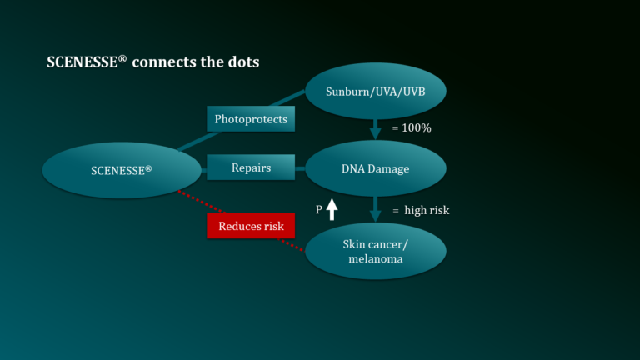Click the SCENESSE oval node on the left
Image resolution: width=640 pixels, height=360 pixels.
tap(122, 170)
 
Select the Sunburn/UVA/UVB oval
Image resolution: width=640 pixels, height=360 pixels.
tap(376, 91)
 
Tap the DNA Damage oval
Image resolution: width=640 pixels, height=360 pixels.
tap(376, 168)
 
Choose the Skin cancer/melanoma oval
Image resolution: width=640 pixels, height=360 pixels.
tap(376, 251)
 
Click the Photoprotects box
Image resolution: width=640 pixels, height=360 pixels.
tap(251, 119)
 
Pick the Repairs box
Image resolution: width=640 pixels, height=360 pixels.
tap(251, 167)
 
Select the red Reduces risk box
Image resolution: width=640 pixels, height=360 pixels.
tap(251, 226)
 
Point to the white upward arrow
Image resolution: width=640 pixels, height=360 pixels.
tap(332, 209)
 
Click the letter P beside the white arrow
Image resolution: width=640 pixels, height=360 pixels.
tap(319, 210)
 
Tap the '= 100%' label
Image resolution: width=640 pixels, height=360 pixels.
tap(412, 128)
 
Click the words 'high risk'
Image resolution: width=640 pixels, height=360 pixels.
tap(427, 210)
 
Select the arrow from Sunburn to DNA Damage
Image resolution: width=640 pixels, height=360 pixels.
tap(376, 129)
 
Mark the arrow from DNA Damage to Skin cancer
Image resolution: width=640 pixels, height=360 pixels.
tap(376, 209)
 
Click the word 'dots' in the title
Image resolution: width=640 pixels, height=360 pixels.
tap(243, 62)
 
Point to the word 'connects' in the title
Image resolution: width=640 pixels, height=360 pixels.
tap(164, 62)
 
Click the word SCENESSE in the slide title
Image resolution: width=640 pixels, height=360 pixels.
tap(82, 62)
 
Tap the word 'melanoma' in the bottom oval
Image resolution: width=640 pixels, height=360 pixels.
tap(376, 259)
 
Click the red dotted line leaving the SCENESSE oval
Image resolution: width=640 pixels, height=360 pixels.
tap(202, 202)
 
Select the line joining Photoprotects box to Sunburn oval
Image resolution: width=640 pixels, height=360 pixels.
tap(287, 98)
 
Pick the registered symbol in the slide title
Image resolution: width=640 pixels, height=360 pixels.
tap(122, 60)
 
